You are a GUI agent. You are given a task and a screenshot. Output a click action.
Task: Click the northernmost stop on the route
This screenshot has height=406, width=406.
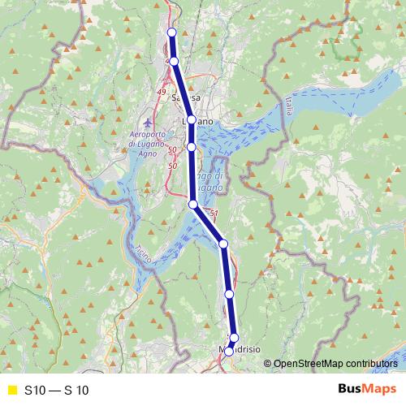tap(171, 32)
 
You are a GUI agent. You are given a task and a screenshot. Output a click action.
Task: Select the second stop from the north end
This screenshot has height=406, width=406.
tap(174, 62)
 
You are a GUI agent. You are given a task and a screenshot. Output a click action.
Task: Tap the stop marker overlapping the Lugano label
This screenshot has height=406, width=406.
tap(191, 119)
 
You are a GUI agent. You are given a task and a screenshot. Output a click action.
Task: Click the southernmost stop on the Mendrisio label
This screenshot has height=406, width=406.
tap(229, 351)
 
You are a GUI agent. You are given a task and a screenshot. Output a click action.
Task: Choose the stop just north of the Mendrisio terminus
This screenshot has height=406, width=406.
tap(234, 338)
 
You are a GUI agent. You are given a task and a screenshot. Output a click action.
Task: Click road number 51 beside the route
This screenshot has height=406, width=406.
tap(214, 214)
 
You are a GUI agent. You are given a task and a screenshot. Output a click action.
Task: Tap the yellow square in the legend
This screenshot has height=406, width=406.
tap(11, 390)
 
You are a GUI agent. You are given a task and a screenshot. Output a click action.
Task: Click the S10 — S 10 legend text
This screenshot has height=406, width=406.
tap(56, 390)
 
